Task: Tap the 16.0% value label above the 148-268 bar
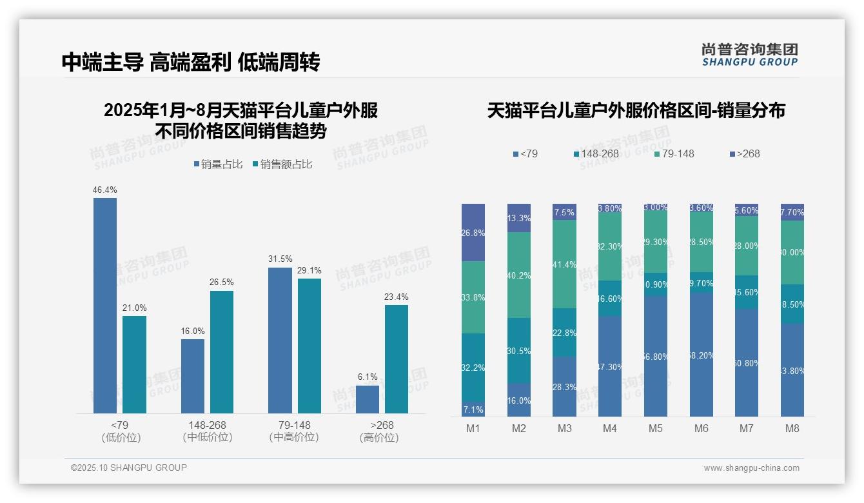(x=193, y=331)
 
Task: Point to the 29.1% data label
(x=309, y=270)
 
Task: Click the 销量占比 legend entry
(x=218, y=164)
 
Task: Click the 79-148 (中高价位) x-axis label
(x=294, y=431)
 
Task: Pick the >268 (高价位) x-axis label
(x=382, y=431)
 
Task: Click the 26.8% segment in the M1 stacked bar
(x=473, y=233)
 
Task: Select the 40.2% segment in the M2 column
(x=519, y=275)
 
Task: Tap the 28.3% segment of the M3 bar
(x=564, y=387)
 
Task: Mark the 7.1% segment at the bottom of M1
(x=473, y=409)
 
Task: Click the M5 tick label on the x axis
(x=656, y=428)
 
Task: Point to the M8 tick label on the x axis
(x=792, y=428)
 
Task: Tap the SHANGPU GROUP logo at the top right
(x=750, y=55)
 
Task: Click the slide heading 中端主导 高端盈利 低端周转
(x=191, y=62)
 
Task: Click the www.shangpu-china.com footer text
(x=751, y=468)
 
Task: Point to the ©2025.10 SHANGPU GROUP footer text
(x=129, y=468)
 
